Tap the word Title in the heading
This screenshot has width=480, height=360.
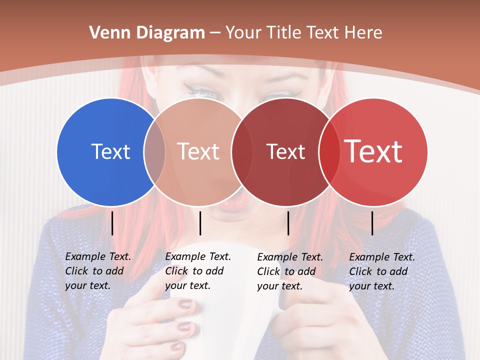click(284, 33)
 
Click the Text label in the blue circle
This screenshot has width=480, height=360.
click(110, 151)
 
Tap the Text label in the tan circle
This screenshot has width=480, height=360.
click(198, 151)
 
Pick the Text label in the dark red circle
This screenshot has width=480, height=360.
click(285, 151)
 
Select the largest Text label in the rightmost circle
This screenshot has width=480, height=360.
click(373, 151)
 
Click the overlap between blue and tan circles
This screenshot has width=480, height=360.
click(154, 151)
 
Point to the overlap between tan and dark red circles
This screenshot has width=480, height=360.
click(242, 151)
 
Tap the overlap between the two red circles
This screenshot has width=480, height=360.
click(329, 151)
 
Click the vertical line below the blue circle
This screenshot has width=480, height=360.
click(112, 223)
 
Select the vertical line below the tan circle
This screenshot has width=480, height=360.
click(200, 223)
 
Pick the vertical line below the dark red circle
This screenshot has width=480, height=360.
click(288, 223)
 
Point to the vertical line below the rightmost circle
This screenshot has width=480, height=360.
click(372, 223)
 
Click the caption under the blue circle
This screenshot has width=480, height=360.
click(98, 271)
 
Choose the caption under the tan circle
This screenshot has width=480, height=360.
click(198, 271)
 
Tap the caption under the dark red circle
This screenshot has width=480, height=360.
click(290, 271)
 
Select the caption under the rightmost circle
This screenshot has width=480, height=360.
click(382, 271)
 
